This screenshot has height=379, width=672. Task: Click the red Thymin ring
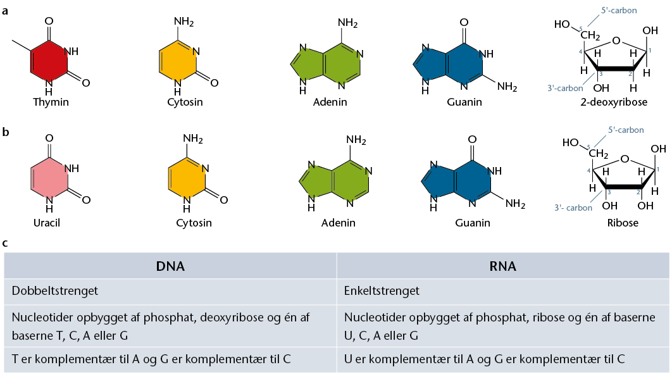click(49, 61)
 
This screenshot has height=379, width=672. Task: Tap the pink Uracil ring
click(49, 178)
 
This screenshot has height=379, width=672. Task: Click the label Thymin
click(51, 102)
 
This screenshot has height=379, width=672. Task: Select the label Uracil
click(47, 223)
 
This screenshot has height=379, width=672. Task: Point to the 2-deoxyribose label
click(614, 102)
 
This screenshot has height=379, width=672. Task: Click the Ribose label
click(623, 223)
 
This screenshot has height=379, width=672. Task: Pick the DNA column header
click(170, 266)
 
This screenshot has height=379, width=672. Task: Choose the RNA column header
click(502, 266)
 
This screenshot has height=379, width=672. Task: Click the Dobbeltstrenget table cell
click(170, 291)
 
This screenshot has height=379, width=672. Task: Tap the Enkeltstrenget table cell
click(502, 291)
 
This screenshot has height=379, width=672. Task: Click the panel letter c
click(5, 244)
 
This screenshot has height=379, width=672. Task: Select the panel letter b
click(6, 132)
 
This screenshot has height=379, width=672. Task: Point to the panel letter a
click(5, 11)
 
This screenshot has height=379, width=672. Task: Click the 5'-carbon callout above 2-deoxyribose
click(619, 10)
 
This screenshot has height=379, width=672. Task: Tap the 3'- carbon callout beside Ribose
click(573, 208)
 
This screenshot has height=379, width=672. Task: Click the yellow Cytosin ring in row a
click(178, 61)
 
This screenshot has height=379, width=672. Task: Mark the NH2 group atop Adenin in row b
click(356, 140)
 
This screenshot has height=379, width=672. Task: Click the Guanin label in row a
click(464, 102)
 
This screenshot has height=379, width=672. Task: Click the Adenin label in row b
click(338, 223)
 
